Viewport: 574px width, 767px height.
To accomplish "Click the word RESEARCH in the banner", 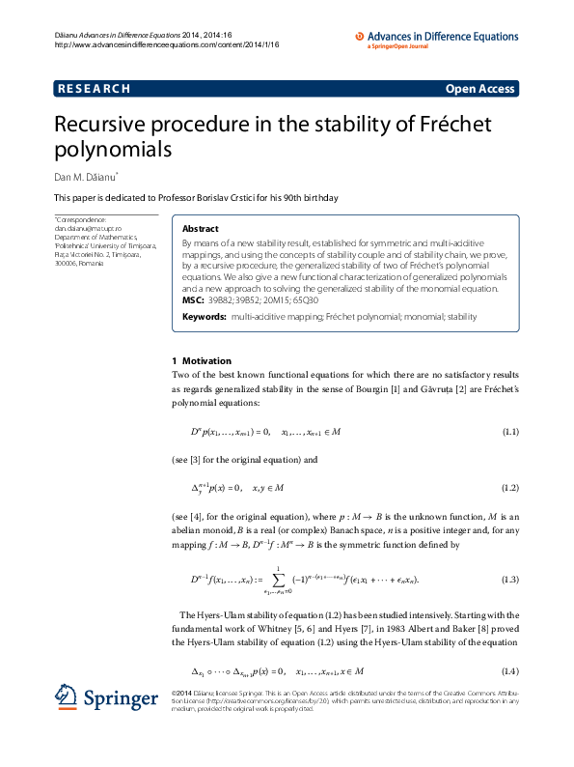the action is point(95,89).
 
